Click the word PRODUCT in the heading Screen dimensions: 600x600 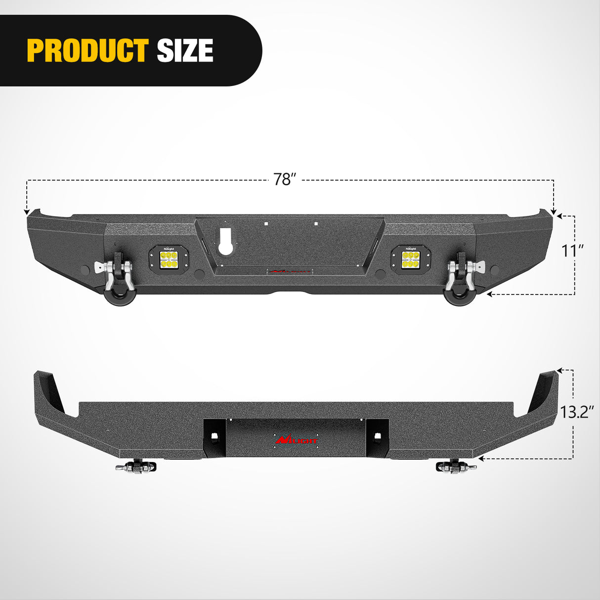87,50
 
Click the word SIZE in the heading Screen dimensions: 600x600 185,50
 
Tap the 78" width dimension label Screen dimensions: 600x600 284,179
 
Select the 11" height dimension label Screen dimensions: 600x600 573,251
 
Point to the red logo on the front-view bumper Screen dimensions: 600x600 289,271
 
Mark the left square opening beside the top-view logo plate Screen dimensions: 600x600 215,436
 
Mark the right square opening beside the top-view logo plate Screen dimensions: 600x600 377,436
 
